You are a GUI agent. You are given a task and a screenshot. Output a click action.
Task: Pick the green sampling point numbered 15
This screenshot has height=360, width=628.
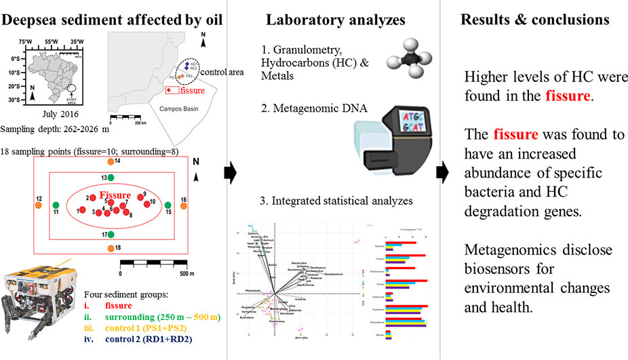(168, 203)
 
